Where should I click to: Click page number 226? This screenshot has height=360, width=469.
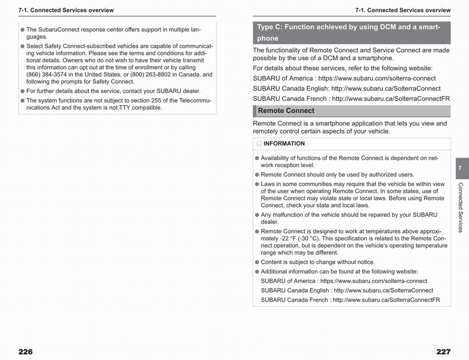(25, 352)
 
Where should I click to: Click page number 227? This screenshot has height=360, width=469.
(443, 352)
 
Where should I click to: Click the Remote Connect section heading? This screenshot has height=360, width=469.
(286, 111)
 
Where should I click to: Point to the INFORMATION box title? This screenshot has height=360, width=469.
(284, 143)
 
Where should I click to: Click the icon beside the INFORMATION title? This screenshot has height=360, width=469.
(259, 144)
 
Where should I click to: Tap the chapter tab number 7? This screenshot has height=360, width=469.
(460, 168)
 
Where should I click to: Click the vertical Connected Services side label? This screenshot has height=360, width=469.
(460, 207)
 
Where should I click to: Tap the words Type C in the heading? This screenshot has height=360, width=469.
(270, 27)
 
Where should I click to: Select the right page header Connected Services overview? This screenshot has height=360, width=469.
(403, 10)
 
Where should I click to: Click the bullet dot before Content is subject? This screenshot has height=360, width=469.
(257, 262)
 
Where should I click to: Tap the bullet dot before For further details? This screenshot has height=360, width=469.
(23, 91)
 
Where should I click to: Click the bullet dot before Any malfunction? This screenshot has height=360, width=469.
(257, 215)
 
